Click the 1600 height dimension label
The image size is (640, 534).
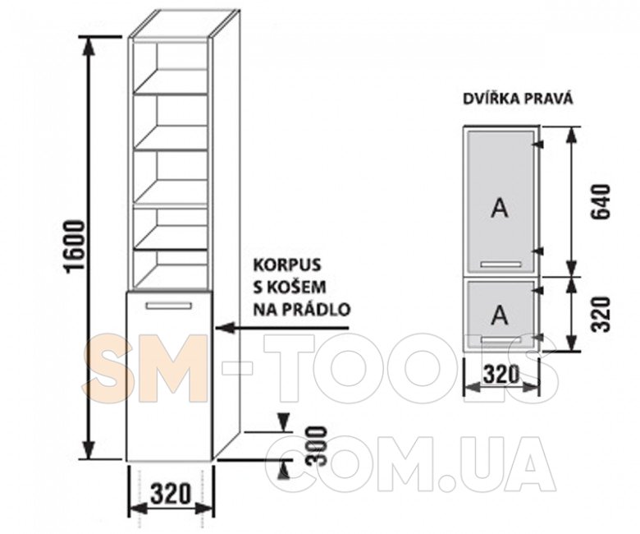click(x=76, y=245)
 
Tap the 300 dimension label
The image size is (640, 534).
click(x=318, y=446)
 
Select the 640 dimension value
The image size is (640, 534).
click(x=602, y=201)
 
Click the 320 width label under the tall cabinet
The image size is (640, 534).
click(x=171, y=493)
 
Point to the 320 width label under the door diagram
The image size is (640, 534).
click(x=501, y=373)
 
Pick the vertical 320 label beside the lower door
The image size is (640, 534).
click(x=602, y=314)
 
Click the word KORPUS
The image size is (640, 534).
click(x=287, y=265)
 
